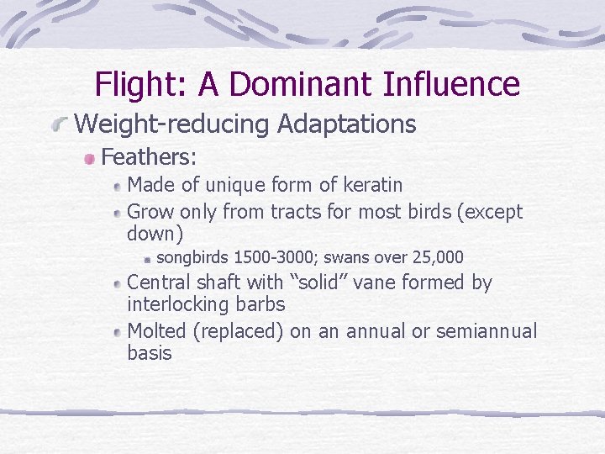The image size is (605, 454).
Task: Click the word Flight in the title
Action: tap(140, 84)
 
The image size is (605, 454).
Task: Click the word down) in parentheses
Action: tap(155, 233)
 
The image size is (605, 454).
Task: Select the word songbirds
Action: tap(195, 257)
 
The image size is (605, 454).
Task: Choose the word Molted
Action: tap(157, 331)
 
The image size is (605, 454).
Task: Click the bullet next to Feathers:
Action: tap(88, 157)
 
